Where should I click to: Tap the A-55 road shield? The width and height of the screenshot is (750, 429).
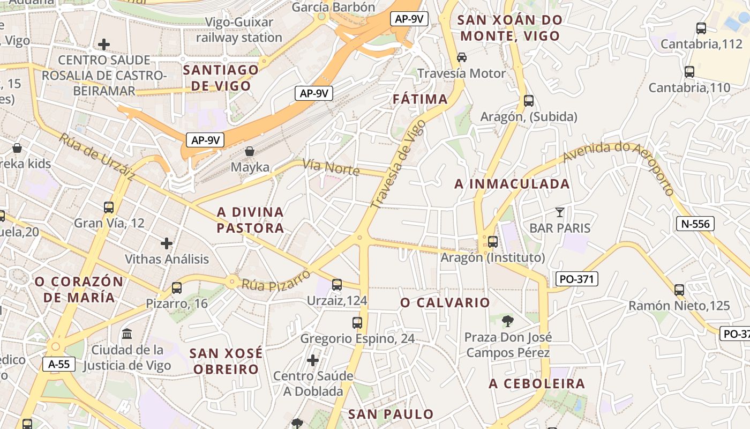coord(59,365)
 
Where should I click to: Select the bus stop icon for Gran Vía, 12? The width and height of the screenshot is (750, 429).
coord(109,207)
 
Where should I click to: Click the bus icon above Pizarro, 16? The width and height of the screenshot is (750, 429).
coord(177,288)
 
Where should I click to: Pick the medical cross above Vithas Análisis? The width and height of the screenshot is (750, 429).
coord(167,243)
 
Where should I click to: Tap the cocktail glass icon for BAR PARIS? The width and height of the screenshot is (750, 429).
coord(560,212)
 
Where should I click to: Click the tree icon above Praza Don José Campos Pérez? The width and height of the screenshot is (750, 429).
coord(507,321)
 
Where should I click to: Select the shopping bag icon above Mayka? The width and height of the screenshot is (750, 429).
coord(250,151)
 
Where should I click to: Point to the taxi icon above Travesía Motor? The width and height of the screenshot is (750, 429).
coord(461,57)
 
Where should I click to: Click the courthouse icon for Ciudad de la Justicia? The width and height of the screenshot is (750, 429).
coord(127,334)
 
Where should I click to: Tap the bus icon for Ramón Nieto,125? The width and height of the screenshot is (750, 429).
coord(679,290)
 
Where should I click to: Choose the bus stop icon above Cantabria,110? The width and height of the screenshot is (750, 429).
coord(689,71)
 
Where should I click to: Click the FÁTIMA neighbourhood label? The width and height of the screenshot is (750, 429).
coord(420,99)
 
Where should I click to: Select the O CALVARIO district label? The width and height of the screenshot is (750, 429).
coord(445,303)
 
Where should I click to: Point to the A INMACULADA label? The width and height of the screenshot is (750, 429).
coord(512,184)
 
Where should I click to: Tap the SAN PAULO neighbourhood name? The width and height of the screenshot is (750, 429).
coord(391,414)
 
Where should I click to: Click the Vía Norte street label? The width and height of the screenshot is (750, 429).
coord(331,167)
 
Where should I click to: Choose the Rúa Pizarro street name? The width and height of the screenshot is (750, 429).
coord(276,280)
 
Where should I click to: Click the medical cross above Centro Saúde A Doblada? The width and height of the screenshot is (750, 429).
coord(313,360)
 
